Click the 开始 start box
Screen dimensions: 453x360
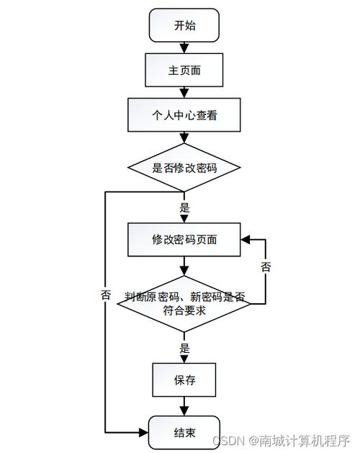[184, 26]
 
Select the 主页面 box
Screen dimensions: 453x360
[184, 71]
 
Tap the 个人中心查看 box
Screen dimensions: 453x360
[184, 115]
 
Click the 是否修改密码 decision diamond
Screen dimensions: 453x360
[184, 168]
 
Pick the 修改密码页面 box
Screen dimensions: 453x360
[184, 239]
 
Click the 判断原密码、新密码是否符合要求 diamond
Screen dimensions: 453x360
[184, 302]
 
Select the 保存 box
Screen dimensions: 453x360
[184, 380]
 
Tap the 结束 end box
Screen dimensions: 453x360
[184, 433]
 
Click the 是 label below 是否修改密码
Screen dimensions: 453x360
[184, 207]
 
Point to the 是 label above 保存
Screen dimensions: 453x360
[184, 348]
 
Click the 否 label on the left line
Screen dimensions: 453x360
[106, 295]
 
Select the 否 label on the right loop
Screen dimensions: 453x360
[266, 267]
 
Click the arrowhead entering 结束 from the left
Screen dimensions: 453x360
[144, 433]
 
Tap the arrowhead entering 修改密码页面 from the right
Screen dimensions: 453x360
[246, 239]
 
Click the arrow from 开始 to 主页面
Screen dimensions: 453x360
[184, 48]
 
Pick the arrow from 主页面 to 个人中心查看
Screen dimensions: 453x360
[184, 92]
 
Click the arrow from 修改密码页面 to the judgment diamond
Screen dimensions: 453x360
[184, 266]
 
